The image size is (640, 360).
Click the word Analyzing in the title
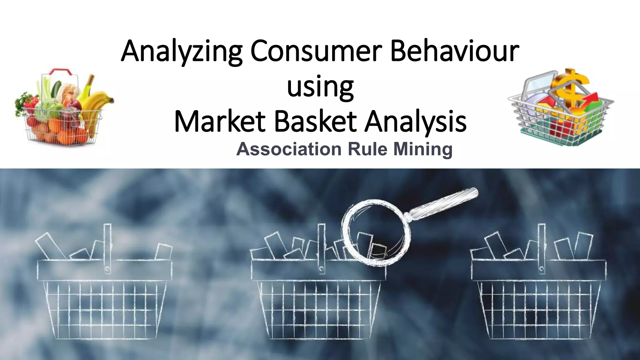pos(182,52)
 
